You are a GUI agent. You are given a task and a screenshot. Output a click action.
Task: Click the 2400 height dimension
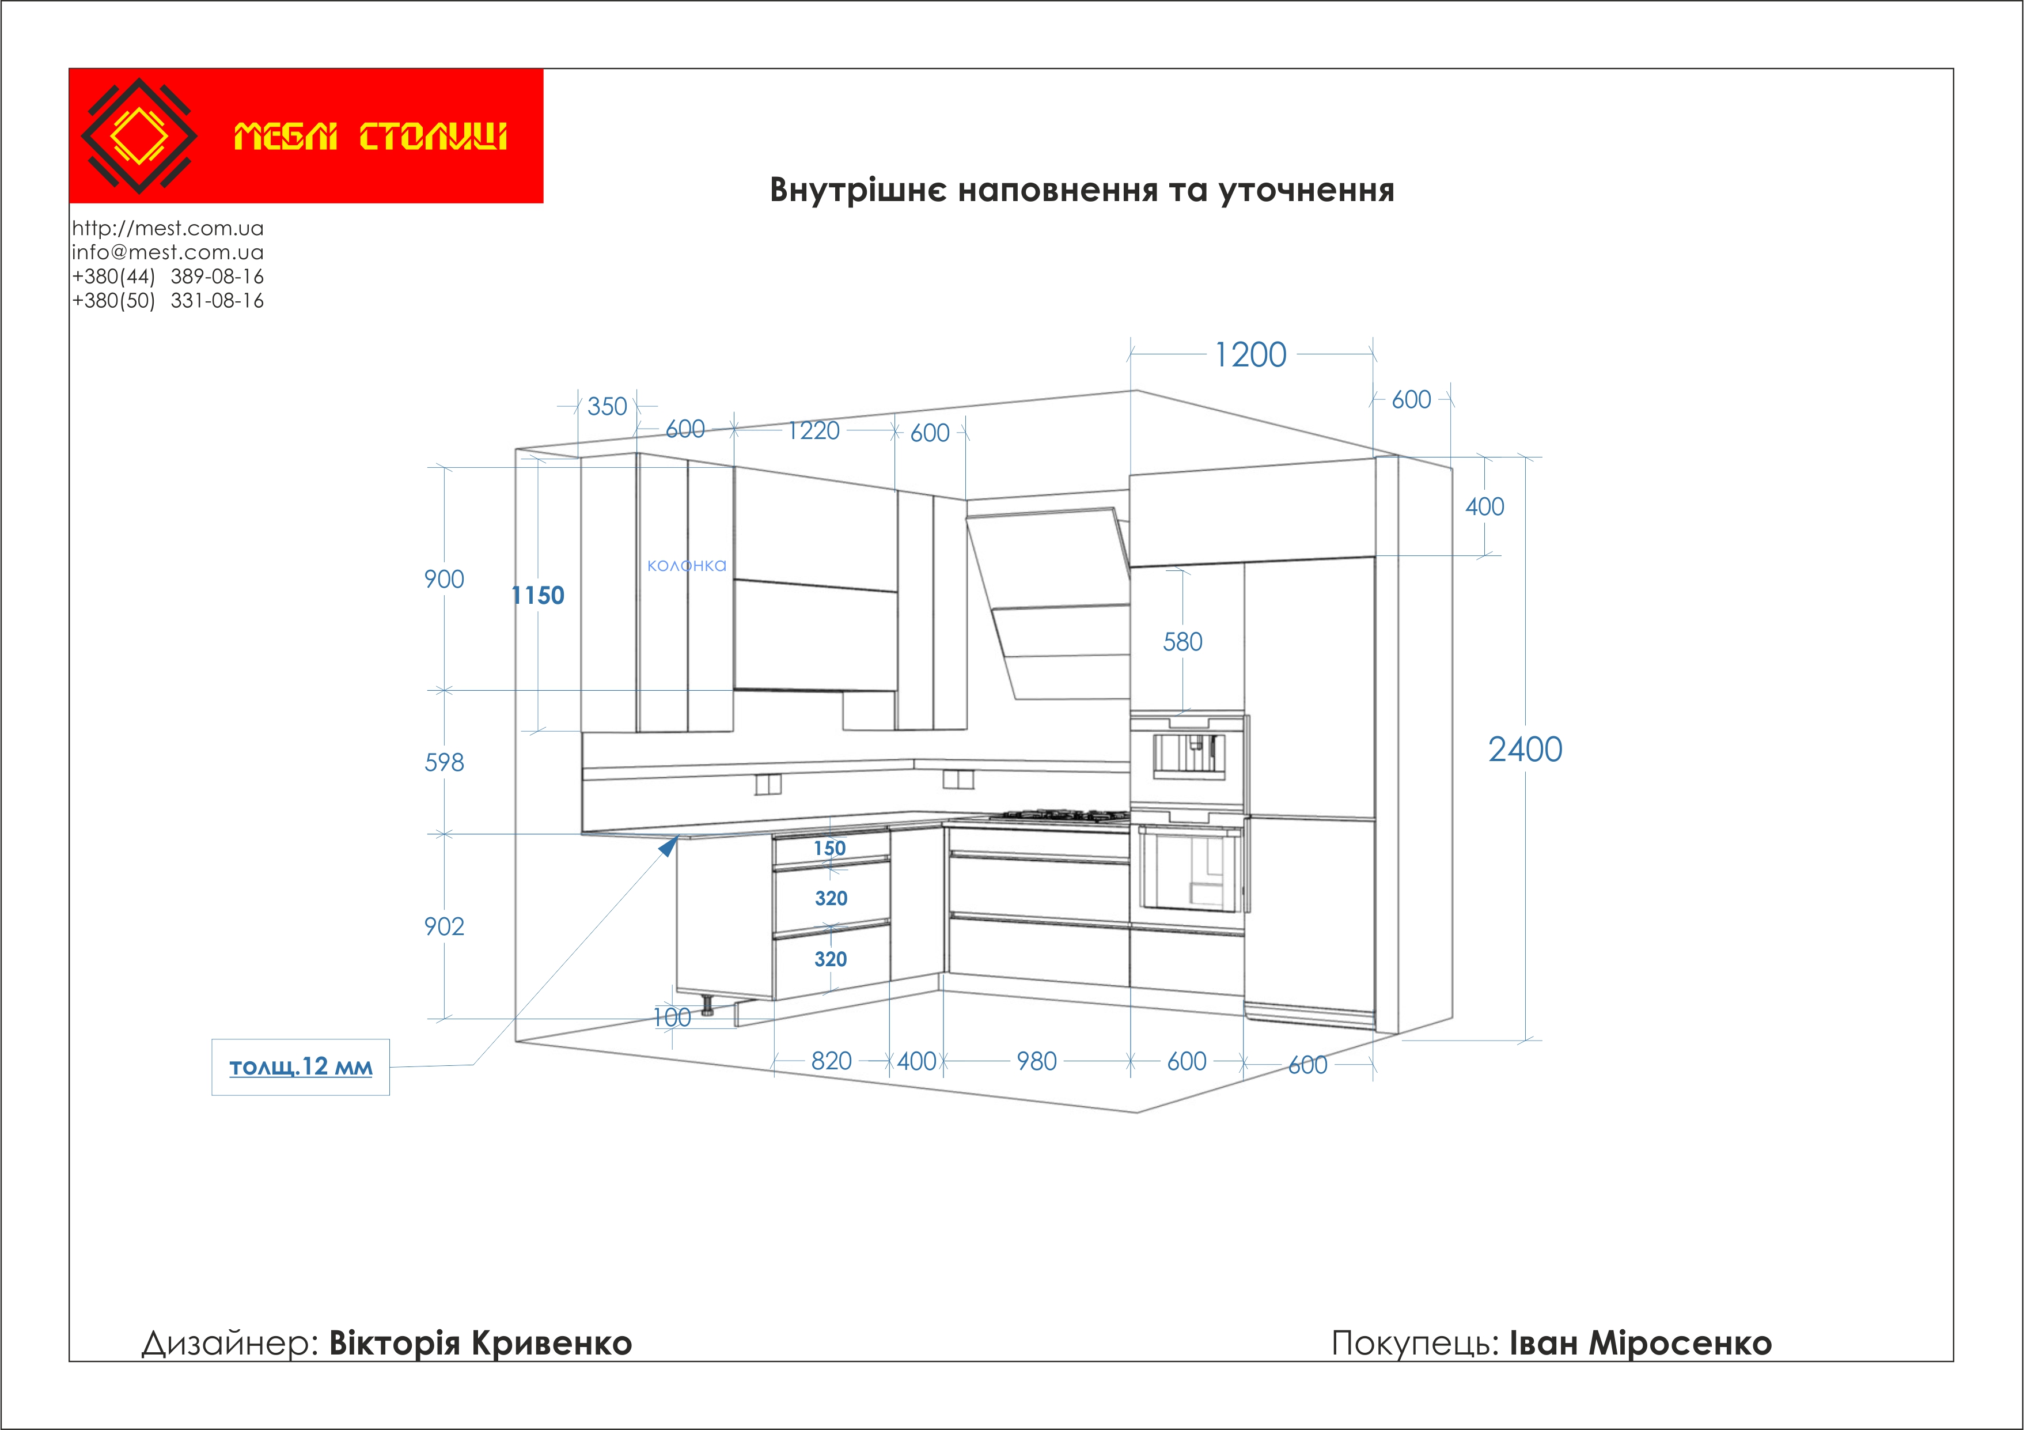(1525, 750)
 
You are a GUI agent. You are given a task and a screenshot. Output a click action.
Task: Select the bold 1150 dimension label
(538, 595)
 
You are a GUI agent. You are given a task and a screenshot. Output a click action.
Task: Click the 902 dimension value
(444, 926)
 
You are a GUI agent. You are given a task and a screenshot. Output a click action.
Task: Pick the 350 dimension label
(608, 406)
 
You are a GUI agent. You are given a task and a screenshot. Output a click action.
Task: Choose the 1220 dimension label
(814, 430)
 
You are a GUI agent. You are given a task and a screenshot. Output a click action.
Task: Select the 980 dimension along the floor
(1037, 1061)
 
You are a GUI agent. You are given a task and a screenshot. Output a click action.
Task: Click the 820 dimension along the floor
(831, 1061)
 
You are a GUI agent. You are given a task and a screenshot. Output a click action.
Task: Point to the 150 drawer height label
(829, 848)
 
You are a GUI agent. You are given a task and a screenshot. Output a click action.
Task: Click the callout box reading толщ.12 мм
(301, 1067)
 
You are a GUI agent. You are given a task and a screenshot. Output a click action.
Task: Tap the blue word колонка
(687, 565)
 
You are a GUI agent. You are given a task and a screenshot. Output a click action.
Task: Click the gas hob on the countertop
(1059, 815)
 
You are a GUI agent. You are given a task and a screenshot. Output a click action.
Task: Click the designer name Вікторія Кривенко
(480, 1343)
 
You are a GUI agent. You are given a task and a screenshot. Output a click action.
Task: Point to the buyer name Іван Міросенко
(1640, 1343)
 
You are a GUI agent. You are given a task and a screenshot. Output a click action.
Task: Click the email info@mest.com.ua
(168, 252)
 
